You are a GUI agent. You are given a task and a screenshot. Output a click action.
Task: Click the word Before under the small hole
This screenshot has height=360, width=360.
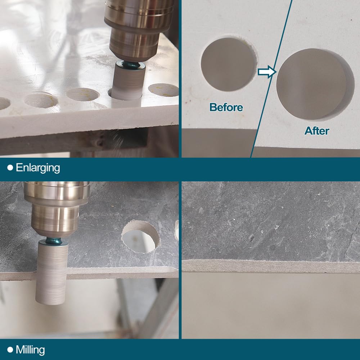tap(226, 107)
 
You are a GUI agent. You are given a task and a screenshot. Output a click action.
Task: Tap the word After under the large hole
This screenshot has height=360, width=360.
tap(317, 131)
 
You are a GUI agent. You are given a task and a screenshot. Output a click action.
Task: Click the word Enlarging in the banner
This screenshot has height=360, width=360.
tap(38, 168)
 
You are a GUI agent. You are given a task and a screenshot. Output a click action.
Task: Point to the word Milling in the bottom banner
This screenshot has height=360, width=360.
tap(30, 350)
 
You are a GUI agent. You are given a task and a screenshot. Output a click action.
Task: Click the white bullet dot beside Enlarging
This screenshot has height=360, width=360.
tap(10, 168)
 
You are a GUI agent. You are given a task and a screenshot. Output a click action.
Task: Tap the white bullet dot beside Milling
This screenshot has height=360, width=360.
tap(10, 350)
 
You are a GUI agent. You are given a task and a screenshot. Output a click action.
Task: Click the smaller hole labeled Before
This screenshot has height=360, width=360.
tap(229, 64)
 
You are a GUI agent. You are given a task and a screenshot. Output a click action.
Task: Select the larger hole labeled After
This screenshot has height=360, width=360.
tap(315, 84)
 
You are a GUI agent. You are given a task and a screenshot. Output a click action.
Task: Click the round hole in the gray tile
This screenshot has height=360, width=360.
tap(140, 237)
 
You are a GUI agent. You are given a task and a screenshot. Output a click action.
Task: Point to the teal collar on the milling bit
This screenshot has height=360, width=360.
tap(53, 242)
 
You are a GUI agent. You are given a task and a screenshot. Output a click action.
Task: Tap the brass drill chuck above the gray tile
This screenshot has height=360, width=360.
tap(56, 209)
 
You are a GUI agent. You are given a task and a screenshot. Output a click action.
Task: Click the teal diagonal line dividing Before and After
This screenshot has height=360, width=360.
tap(271, 79)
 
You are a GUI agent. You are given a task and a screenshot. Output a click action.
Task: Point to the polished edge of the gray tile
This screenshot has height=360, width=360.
tap(271, 266)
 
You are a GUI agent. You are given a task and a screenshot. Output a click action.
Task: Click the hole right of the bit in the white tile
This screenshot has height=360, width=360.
tap(164, 90)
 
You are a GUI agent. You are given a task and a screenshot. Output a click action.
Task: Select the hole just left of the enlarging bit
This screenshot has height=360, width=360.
tap(83, 94)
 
